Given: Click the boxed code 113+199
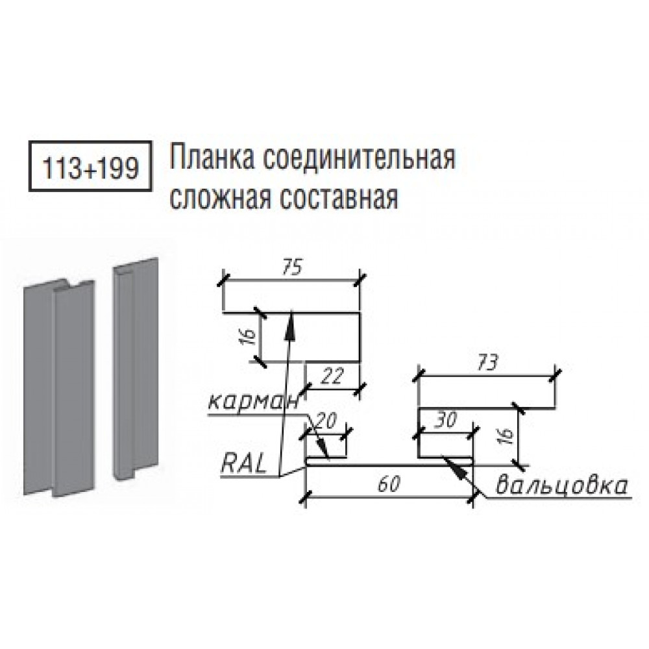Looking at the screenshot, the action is pos(90,167).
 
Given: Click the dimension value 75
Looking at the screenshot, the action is pos(293,267).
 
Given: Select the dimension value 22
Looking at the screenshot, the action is pos(332,376).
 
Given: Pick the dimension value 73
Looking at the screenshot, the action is pos(487,363).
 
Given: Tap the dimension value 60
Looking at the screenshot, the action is pos(389,484).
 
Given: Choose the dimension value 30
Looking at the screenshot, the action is pos(445,421).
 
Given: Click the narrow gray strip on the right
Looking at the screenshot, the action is pos(136,369).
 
